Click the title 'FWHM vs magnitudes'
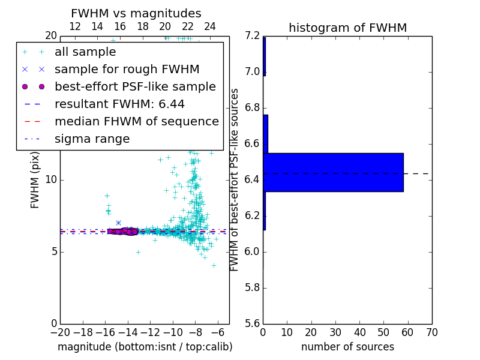[136, 14]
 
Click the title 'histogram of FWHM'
[347, 28]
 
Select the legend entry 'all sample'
[85, 52]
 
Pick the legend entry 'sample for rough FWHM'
[127, 70]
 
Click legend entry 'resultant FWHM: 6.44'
[119, 104]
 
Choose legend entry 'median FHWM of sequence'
[136, 122]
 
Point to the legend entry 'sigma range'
[92, 139]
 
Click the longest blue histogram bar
[333, 172]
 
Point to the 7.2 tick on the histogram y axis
[252, 36]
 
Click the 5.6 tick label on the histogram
[252, 323]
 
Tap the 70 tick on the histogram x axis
[431, 332]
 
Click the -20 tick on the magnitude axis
[60, 332]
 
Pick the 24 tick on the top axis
[210, 27]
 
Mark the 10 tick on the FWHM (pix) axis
[50, 180]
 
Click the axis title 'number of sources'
[347, 347]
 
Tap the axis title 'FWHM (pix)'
[35, 180]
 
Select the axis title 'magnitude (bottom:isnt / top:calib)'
[145, 347]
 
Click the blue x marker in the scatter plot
[118, 223]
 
